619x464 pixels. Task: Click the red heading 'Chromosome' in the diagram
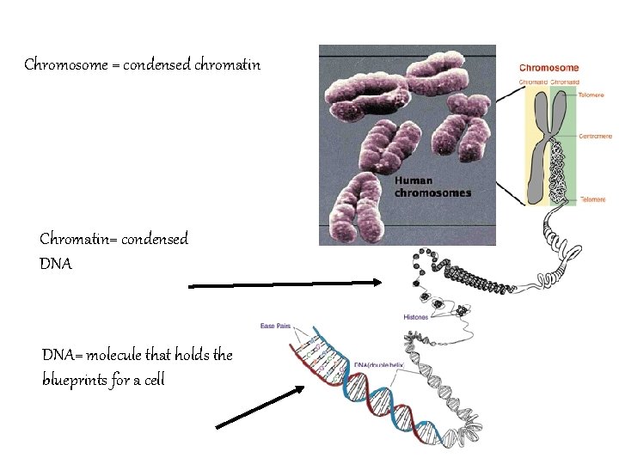pos(549,68)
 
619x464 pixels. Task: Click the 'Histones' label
pos(415,317)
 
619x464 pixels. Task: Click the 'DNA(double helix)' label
pos(379,364)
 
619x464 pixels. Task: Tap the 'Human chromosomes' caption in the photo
pos(432,187)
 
